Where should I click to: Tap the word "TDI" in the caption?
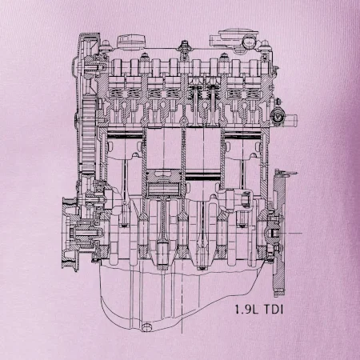274,310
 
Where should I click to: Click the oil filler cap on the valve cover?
132,42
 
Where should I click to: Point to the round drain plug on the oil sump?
146,327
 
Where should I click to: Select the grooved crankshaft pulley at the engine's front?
70,234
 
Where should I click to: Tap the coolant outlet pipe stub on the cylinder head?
290,118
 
